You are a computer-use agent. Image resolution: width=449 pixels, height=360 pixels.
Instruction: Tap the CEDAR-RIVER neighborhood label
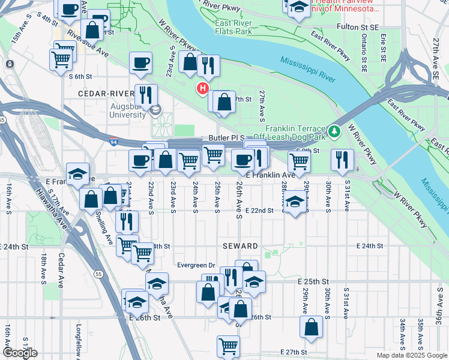[x=105, y=94]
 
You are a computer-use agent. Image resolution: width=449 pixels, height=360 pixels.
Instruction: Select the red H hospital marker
[x=203, y=89]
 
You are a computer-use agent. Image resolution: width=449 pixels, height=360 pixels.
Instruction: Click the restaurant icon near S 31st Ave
[x=342, y=159]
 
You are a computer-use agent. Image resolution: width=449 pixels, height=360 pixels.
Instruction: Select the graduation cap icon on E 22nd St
[x=295, y=202]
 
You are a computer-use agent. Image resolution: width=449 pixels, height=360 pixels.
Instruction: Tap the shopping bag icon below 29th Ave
[x=311, y=327]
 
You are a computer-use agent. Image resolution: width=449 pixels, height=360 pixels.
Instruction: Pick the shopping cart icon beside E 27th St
[x=228, y=346]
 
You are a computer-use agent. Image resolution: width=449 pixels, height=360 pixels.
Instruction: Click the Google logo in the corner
[x=20, y=353]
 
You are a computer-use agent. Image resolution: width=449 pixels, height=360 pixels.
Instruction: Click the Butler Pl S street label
[x=224, y=137]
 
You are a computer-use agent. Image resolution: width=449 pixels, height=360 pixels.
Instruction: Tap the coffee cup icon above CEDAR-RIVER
[x=140, y=62]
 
